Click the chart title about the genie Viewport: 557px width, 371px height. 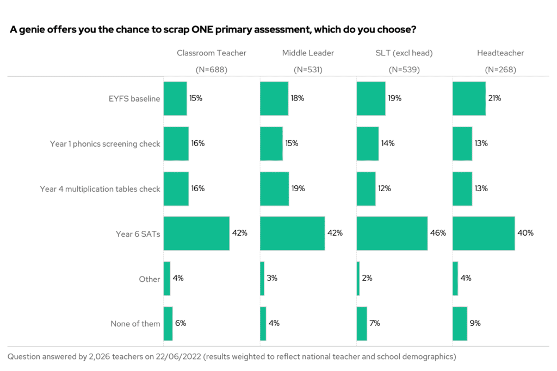(213, 29)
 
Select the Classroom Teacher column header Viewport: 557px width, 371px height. (211, 53)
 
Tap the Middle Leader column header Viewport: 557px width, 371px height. (308, 53)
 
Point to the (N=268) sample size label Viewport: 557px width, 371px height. (500, 70)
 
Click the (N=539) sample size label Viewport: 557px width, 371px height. (404, 70)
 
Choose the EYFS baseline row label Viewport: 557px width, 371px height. (134, 99)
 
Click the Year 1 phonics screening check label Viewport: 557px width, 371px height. (105, 144)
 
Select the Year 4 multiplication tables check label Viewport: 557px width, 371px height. (100, 189)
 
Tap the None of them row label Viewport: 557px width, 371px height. (135, 324)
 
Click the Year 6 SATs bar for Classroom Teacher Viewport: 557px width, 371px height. (196, 234)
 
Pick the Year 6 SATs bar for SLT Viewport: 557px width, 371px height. (392, 234)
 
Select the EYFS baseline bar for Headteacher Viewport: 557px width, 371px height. (469, 99)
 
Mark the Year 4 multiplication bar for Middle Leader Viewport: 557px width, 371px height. (274, 189)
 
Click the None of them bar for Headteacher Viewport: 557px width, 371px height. (460, 324)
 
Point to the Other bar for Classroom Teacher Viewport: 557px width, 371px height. (167, 279)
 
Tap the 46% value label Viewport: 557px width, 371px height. (438, 233)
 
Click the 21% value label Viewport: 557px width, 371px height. (494, 98)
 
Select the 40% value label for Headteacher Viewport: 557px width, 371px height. (525, 233)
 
